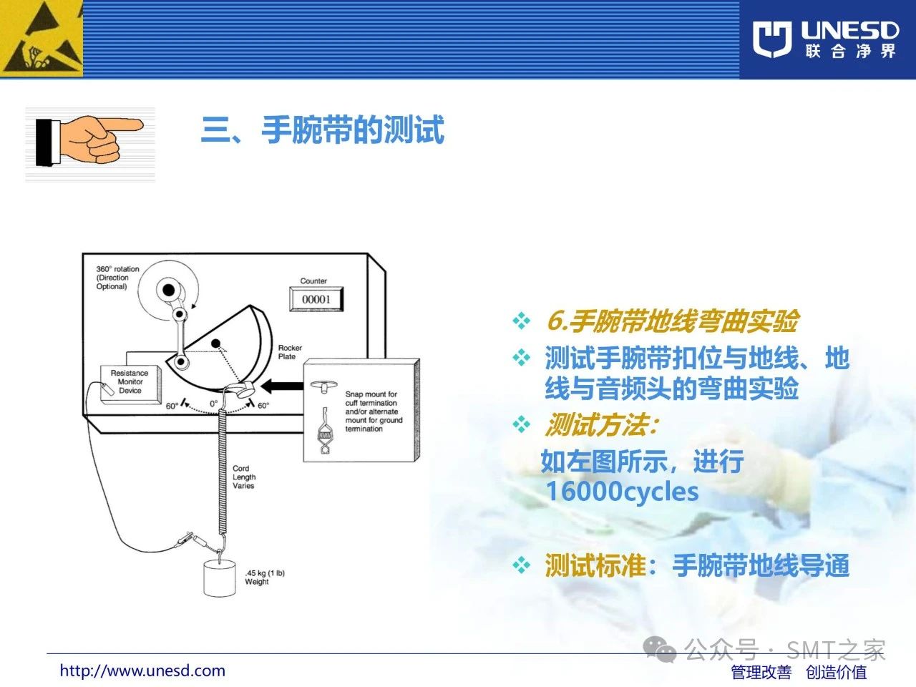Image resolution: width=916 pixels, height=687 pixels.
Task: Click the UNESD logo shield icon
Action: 772,39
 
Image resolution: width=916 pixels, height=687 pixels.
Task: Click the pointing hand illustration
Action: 89,140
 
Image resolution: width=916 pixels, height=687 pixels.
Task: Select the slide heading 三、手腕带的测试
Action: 323,130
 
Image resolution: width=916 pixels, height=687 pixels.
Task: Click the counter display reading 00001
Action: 316,298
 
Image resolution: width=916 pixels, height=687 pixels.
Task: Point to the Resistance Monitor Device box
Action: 131,384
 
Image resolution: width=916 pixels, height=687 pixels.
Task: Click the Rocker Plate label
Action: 290,352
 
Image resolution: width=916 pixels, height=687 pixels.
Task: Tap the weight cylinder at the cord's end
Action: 220,578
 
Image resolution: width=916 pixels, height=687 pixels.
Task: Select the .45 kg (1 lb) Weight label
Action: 265,578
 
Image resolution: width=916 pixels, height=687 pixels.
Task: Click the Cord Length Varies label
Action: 244,477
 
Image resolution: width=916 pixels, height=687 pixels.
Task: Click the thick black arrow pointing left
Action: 282,386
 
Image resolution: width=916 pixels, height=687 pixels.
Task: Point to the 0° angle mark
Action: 214,404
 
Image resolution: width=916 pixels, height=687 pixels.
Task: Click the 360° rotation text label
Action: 117,278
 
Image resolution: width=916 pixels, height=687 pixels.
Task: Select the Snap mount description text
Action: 374,411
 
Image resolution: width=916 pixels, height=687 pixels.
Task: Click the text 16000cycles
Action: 622,492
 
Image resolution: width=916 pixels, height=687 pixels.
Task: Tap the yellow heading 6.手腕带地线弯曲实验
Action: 673,321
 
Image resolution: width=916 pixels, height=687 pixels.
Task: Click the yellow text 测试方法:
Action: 601,425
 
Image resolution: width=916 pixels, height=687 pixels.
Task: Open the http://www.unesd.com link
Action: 142,671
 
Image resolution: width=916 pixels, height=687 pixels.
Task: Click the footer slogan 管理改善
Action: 761,673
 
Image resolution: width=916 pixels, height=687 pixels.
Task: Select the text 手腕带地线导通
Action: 761,565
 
